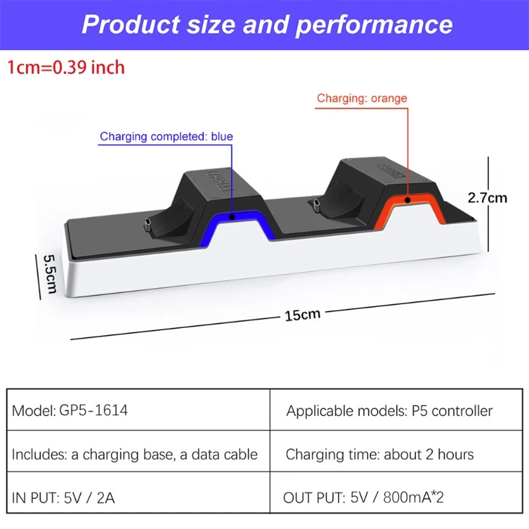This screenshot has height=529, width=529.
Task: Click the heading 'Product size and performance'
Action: pos(267,25)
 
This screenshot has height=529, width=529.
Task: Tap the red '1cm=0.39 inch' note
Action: pos(66,67)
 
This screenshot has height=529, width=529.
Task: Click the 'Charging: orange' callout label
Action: pos(361,99)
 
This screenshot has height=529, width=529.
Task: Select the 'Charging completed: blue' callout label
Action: pos(166,137)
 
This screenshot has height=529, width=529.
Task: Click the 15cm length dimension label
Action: pos(302,314)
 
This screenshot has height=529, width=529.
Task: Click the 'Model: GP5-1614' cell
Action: pos(70,411)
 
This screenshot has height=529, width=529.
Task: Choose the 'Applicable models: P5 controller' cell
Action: pos(389,411)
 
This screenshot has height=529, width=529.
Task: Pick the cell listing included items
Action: pos(135,455)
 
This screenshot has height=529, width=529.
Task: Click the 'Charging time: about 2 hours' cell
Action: pos(380,455)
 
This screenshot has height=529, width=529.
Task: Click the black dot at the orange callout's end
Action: pos(408,198)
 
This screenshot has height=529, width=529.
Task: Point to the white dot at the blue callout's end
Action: pos(232,216)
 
